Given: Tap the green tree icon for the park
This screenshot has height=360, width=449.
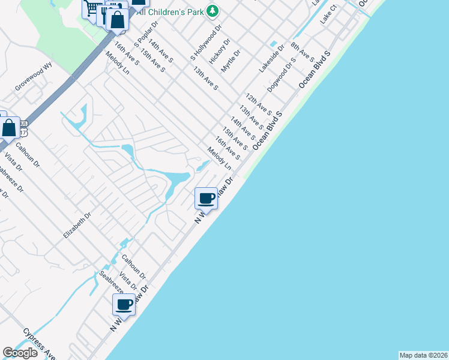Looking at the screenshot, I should click(x=212, y=10).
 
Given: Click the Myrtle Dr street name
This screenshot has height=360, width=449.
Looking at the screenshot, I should click(x=231, y=61).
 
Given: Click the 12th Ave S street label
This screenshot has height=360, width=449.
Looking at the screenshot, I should click(x=259, y=104).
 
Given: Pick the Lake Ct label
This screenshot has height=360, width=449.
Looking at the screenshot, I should click(x=329, y=16).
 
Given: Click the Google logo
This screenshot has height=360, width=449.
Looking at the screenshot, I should click(x=20, y=353).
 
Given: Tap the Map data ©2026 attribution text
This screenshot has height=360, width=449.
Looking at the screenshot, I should click(x=423, y=355).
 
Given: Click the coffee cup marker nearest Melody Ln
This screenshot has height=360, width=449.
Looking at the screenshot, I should click(x=206, y=198).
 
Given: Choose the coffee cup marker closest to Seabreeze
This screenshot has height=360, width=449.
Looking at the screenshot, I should click(x=124, y=305).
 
